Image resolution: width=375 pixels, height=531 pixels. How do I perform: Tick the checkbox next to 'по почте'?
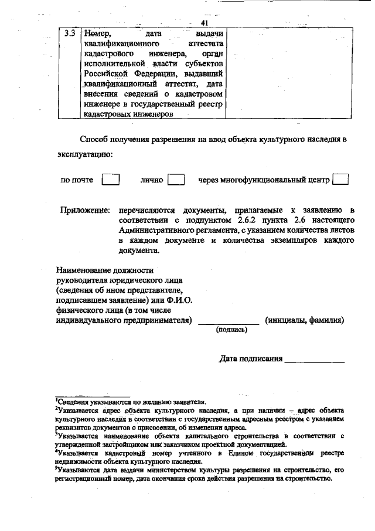(111, 180)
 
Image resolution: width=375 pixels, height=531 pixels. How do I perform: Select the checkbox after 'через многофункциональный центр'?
(340, 180)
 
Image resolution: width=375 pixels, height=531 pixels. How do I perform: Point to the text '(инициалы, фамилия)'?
(304, 320)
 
